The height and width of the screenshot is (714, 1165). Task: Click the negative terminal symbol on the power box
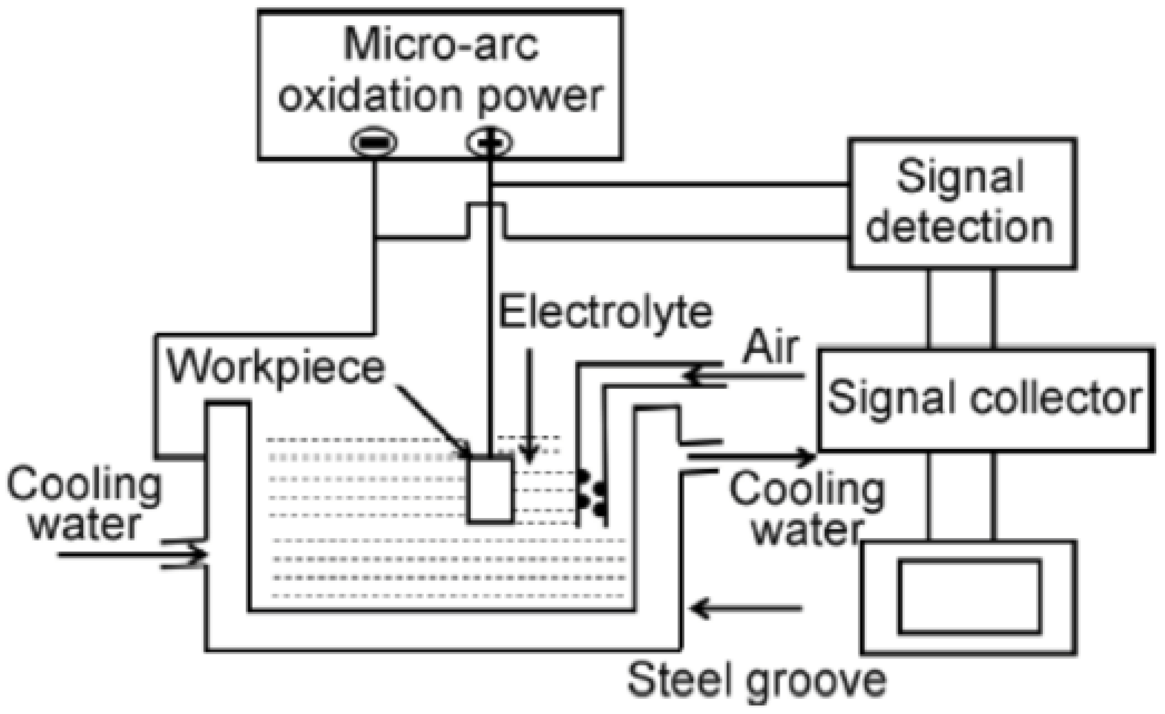point(373,142)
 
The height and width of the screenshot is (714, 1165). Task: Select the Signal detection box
point(963,203)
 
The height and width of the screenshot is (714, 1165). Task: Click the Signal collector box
point(985,399)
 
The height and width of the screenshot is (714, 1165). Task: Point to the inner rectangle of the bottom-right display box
point(969,596)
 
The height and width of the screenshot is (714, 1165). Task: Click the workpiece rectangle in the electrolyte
point(490,490)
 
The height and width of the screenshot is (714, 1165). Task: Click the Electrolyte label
point(605,312)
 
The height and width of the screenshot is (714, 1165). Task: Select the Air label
point(770,348)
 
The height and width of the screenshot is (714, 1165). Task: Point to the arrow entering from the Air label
point(742,376)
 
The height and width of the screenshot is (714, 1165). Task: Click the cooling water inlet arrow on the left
point(133,554)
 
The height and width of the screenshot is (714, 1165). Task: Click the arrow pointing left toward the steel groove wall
point(747,607)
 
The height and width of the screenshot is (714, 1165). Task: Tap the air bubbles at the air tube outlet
point(592,494)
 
